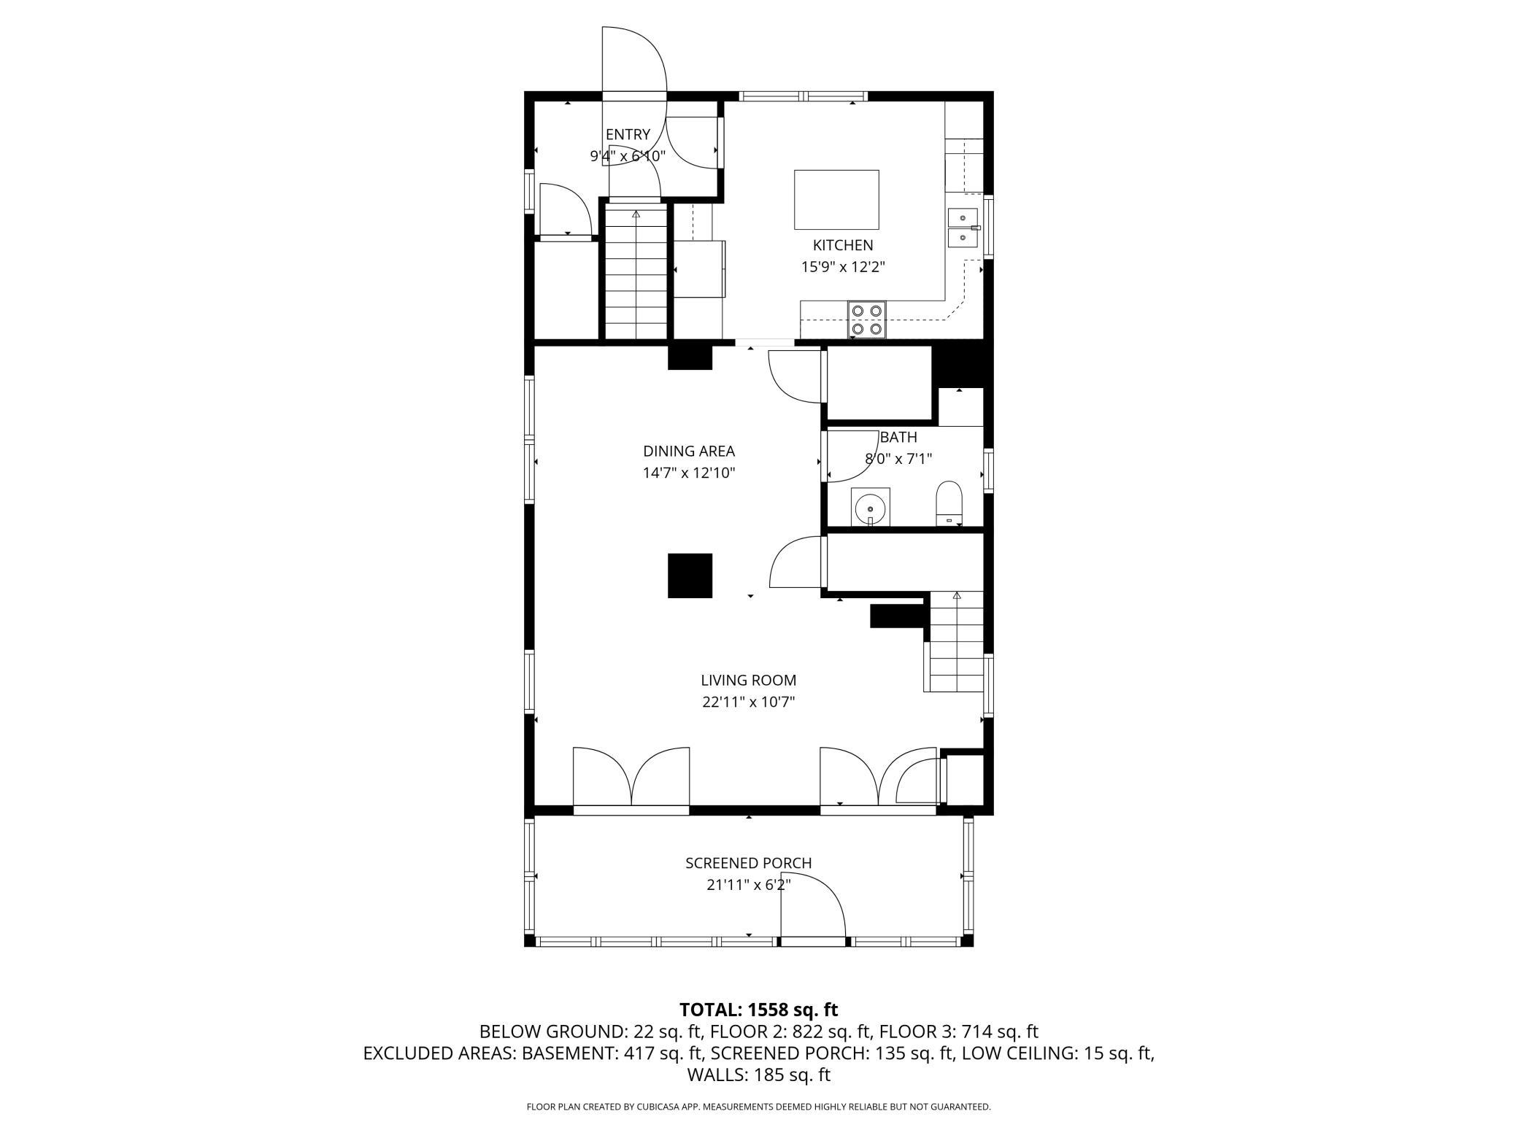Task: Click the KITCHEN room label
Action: pyautogui.click(x=843, y=245)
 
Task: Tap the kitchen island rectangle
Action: pyautogui.click(x=836, y=200)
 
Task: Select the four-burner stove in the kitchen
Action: pyautogui.click(x=867, y=320)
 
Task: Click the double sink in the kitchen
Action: pyautogui.click(x=963, y=228)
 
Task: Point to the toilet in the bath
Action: pyautogui.click(x=949, y=503)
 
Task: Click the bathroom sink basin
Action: pyautogui.click(x=871, y=506)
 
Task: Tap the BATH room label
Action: pyautogui.click(x=898, y=437)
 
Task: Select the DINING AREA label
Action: pyautogui.click(x=689, y=451)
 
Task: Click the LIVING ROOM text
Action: pyautogui.click(x=748, y=680)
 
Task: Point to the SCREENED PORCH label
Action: pyautogui.click(x=748, y=863)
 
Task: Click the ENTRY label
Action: pyautogui.click(x=628, y=134)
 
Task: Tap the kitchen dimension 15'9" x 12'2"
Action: pyautogui.click(x=843, y=267)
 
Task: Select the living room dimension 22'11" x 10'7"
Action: pyautogui.click(x=748, y=702)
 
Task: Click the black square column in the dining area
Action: pyautogui.click(x=690, y=576)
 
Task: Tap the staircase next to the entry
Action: pyautogui.click(x=636, y=274)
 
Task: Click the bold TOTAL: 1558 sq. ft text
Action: pyautogui.click(x=758, y=1010)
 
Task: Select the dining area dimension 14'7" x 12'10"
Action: pyautogui.click(x=689, y=473)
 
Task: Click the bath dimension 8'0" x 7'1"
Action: pyautogui.click(x=898, y=459)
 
